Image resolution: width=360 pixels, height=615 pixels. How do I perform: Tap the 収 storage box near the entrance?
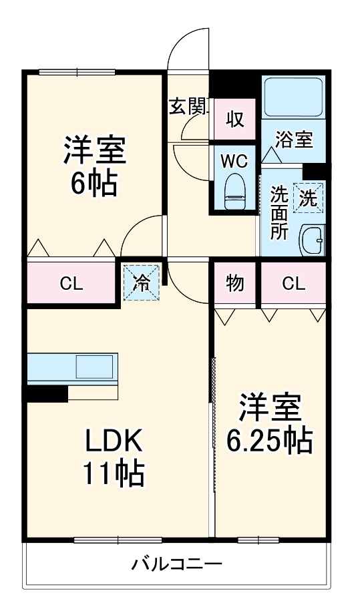[x=234, y=120]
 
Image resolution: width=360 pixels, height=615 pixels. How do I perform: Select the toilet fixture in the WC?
[x=234, y=188]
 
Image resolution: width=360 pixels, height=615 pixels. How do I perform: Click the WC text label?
[x=234, y=162]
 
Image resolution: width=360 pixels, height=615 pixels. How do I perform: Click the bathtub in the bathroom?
[x=293, y=97]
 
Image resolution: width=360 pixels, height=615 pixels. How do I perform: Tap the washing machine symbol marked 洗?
[x=308, y=197]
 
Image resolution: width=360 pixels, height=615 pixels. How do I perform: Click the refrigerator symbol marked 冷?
[x=142, y=282]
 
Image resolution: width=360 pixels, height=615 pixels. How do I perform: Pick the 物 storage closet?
[x=235, y=282]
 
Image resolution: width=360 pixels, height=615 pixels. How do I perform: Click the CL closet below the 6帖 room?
[x=71, y=282]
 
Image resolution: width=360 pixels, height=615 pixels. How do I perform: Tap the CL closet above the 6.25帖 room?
[x=293, y=282]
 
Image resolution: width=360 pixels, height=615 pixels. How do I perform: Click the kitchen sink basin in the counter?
[x=95, y=367]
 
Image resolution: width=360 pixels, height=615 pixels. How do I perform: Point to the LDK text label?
[x=114, y=441]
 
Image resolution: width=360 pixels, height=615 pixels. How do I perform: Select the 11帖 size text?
[x=114, y=473]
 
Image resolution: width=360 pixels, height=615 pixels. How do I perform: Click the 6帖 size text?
[x=94, y=182]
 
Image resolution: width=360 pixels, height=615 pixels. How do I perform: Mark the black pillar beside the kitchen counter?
[x=47, y=394]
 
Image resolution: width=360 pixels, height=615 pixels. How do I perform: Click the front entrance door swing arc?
[x=189, y=48]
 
